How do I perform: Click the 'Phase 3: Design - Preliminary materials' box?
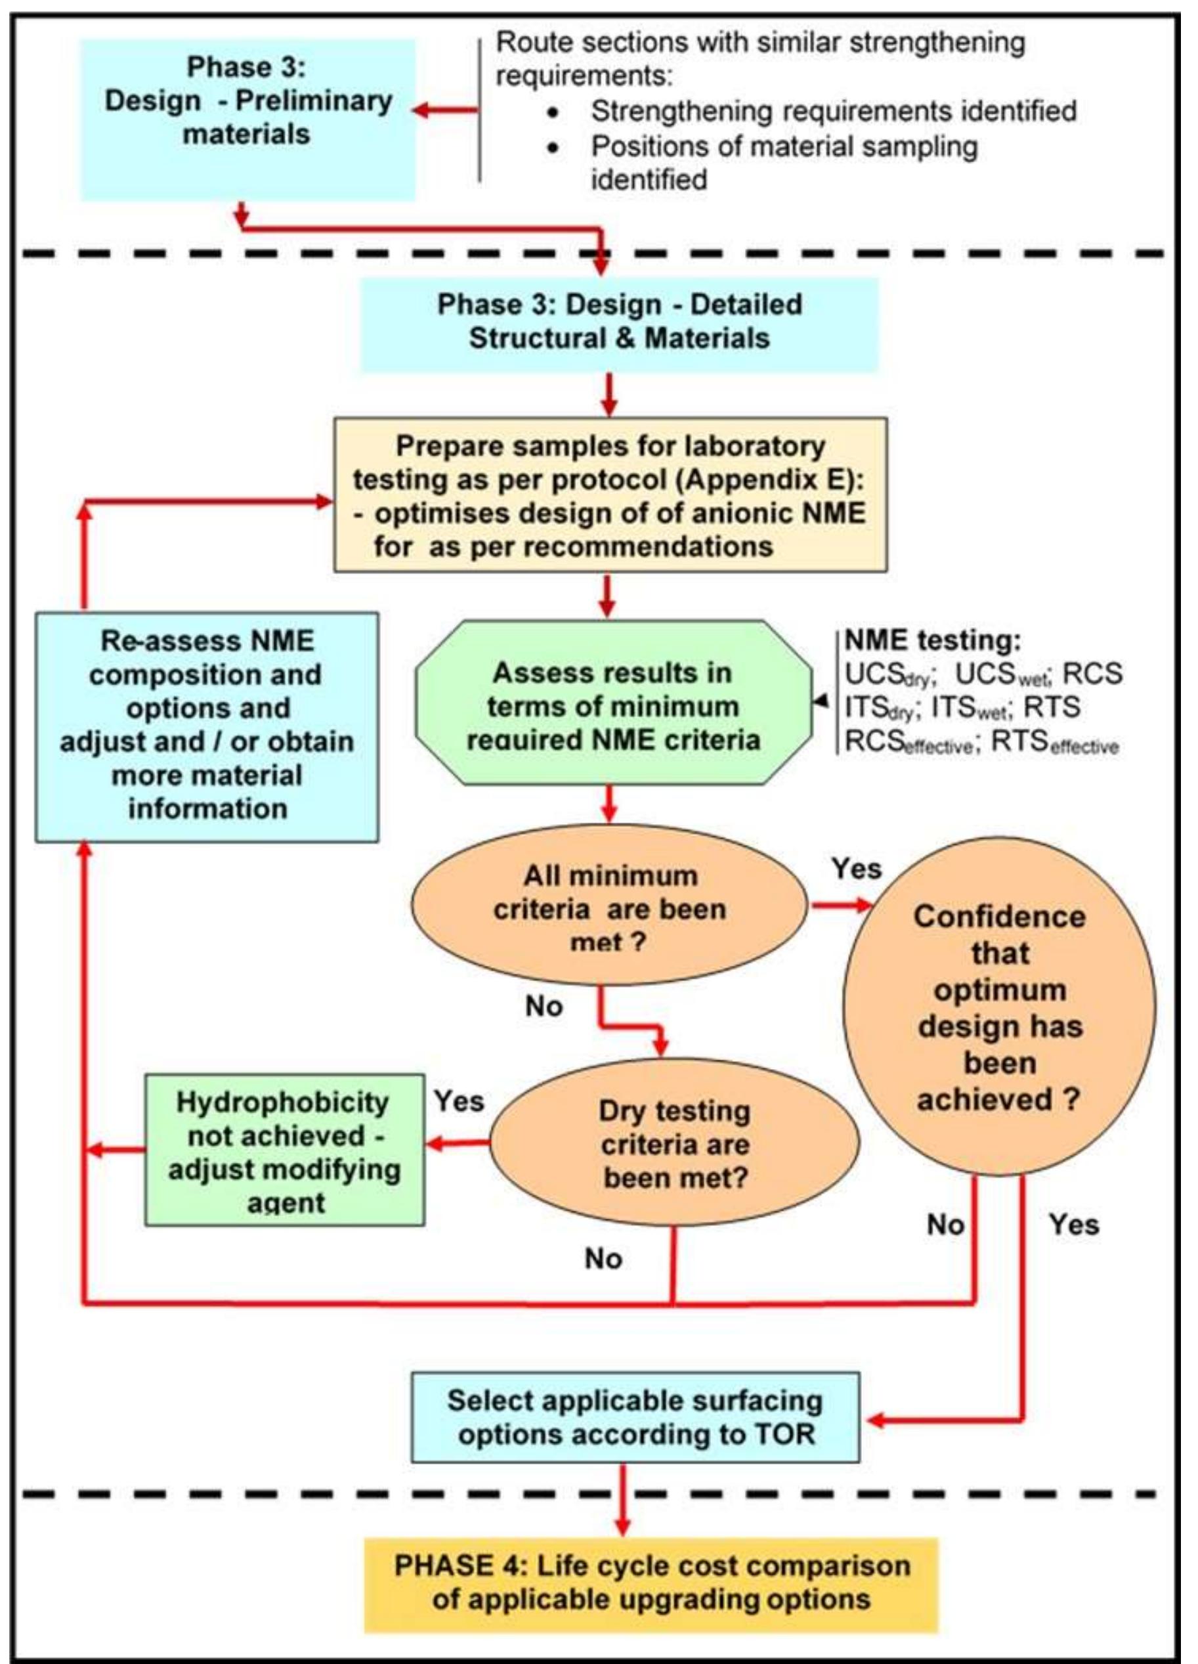pyautogui.click(x=247, y=120)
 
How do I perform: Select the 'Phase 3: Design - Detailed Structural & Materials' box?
pyautogui.click(x=619, y=323)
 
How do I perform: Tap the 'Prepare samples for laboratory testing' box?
pyautogui.click(x=610, y=495)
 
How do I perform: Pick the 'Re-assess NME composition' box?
pyautogui.click(x=207, y=726)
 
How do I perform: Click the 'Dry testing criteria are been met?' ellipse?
pyautogui.click(x=674, y=1144)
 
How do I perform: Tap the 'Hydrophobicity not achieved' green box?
pyautogui.click(x=285, y=1150)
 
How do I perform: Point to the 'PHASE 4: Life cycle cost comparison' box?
pyautogui.click(x=651, y=1583)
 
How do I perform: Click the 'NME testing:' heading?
pyautogui.click(x=932, y=640)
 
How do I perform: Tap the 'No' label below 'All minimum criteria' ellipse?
pyautogui.click(x=544, y=1007)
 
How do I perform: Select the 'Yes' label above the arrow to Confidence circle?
pyautogui.click(x=856, y=869)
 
